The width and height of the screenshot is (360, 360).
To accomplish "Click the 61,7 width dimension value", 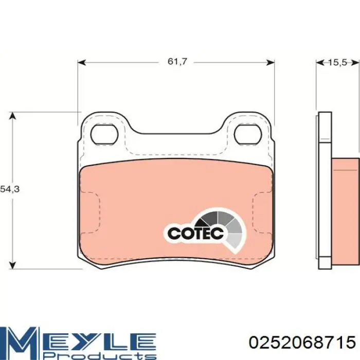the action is pyautogui.click(x=177, y=62).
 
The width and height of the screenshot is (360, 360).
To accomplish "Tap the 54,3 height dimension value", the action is pyautogui.click(x=10, y=189).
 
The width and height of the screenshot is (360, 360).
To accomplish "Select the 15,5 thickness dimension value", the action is pyautogui.click(x=337, y=62).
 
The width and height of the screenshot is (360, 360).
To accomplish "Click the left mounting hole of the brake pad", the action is pyautogui.click(x=104, y=134).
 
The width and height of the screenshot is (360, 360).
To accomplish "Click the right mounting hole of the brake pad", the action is pyautogui.click(x=248, y=134).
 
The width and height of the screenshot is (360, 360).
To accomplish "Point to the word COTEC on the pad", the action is pyautogui.click(x=196, y=233).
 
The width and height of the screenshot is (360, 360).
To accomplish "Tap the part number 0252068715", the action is pyautogui.click(x=302, y=343).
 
